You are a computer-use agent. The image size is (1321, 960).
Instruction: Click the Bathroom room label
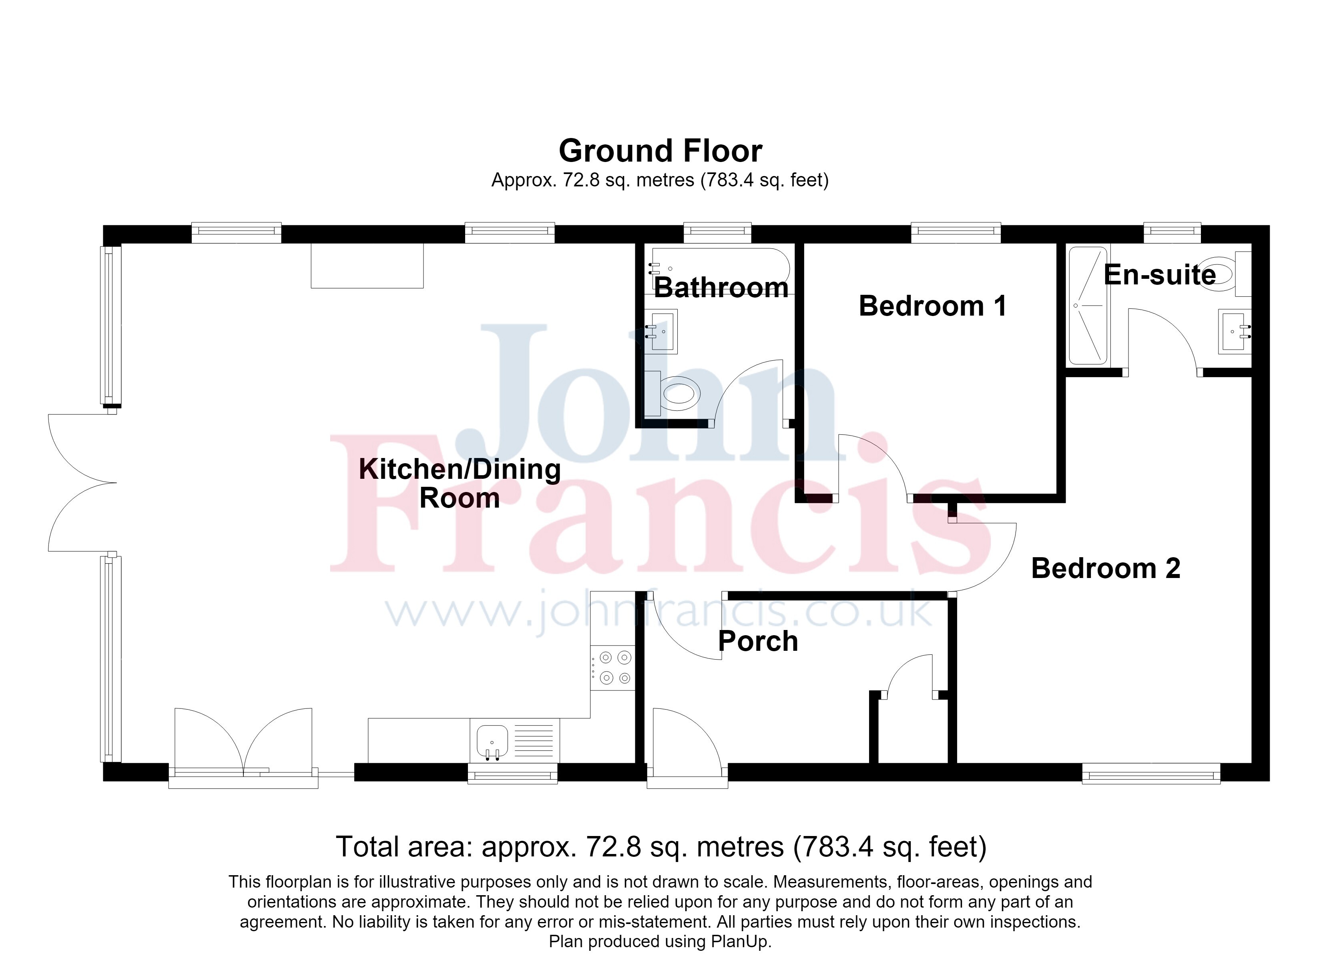pos(721,288)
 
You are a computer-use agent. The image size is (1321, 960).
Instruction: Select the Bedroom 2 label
pos(1106,568)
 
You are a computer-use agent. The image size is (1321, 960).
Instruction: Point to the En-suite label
pos(1160,275)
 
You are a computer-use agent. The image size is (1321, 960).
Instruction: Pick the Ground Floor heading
pos(660,151)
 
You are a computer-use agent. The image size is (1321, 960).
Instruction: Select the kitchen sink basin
pos(492,742)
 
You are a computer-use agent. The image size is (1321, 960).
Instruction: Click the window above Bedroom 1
pos(956,232)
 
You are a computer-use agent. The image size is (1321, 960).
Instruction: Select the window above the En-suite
pos(1172,232)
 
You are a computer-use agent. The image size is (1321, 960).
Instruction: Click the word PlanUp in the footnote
pos(740,941)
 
